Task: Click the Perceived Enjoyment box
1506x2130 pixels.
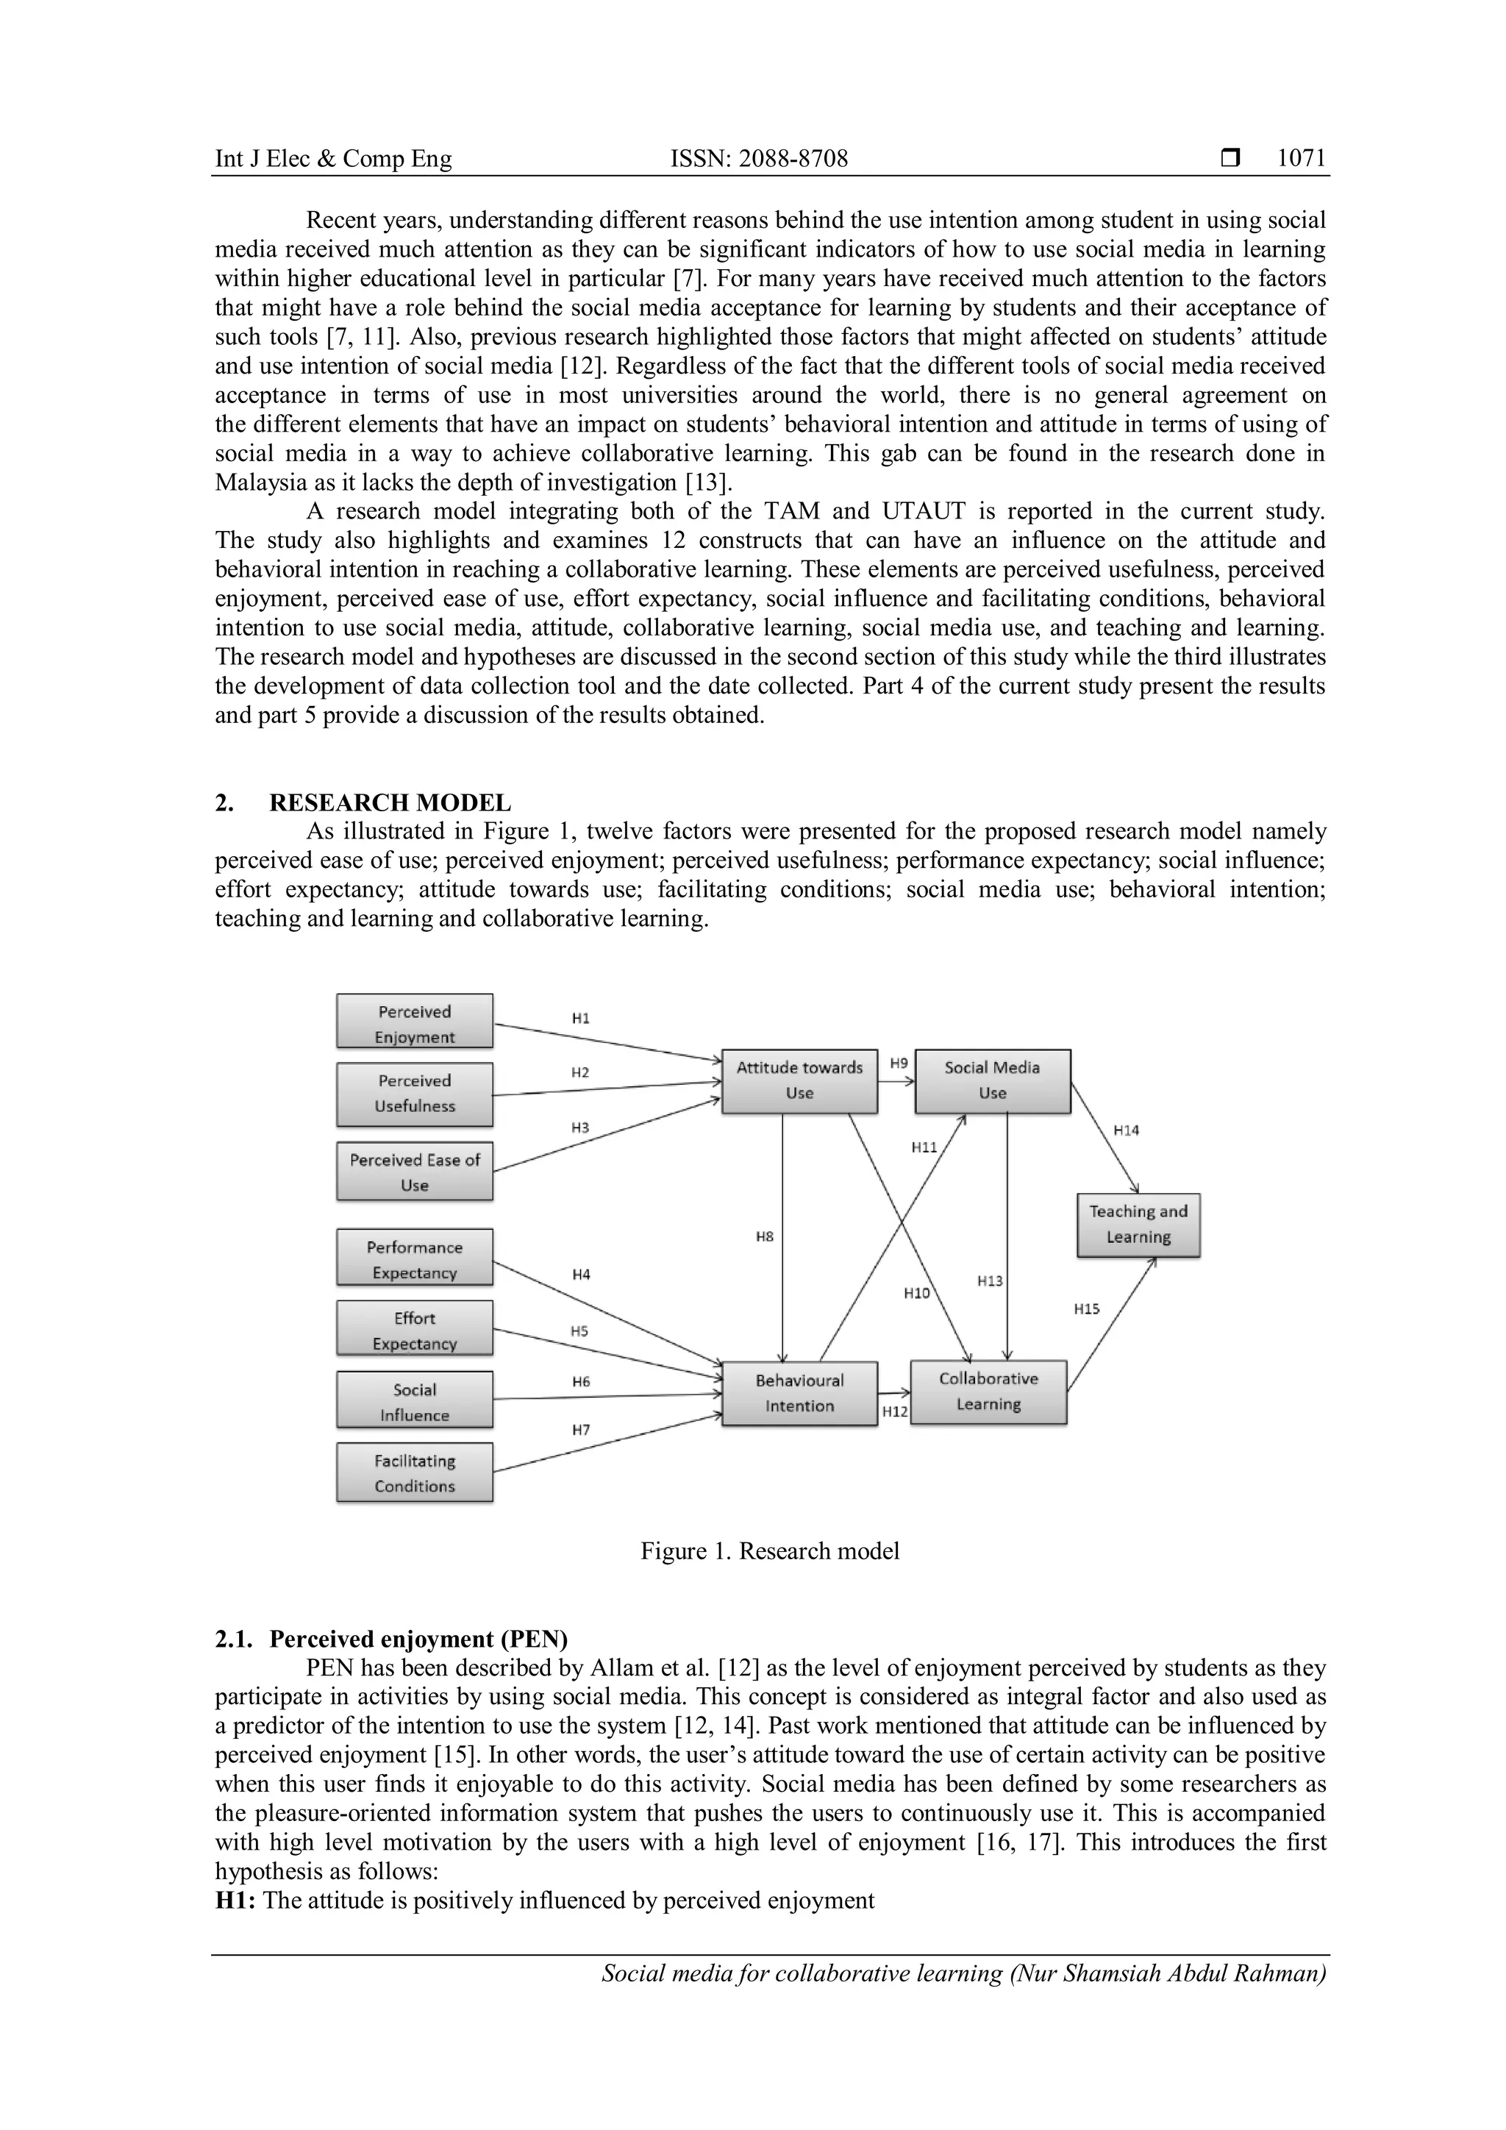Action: tap(415, 1022)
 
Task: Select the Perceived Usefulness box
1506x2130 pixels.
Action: tap(415, 1094)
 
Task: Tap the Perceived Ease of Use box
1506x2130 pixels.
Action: tap(415, 1172)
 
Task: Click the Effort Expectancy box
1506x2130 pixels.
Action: tap(415, 1329)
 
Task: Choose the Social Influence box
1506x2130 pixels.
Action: tap(415, 1401)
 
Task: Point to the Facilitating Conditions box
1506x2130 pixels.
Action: tap(415, 1472)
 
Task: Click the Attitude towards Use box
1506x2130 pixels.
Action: tap(799, 1080)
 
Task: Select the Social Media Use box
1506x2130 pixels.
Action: tap(992, 1080)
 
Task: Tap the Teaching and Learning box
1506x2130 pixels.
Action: tap(1138, 1225)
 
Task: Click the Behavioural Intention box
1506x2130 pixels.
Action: tap(799, 1394)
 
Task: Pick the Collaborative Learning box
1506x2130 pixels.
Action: tap(988, 1392)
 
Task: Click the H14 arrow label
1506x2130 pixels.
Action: tap(1126, 1130)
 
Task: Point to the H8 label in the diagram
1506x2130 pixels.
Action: tap(764, 1236)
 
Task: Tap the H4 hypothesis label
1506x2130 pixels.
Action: tap(580, 1275)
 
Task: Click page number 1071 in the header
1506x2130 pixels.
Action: tap(1301, 159)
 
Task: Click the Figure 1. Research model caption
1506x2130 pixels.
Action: tap(770, 1551)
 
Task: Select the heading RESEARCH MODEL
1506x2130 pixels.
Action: tap(390, 802)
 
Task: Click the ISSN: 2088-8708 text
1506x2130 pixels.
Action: tap(759, 159)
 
